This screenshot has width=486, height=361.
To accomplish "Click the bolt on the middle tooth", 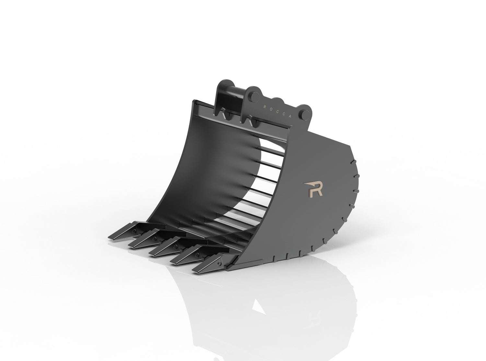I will tap(176, 247).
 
